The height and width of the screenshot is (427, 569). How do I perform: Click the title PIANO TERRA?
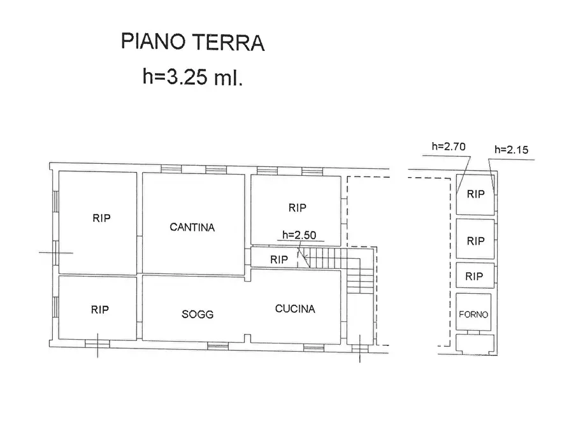[x=192, y=43]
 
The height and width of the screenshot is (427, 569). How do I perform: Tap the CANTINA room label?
[x=192, y=227]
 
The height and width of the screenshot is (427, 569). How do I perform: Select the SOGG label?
[x=198, y=314]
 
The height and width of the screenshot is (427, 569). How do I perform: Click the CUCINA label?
[x=295, y=309]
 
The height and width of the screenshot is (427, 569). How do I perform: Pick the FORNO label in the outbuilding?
[x=474, y=314]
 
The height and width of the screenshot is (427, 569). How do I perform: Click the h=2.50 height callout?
[x=299, y=235]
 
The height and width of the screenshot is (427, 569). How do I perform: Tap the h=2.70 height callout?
[x=449, y=146]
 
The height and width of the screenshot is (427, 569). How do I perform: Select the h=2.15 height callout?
[x=512, y=150]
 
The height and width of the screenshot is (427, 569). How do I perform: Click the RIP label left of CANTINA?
[x=101, y=218]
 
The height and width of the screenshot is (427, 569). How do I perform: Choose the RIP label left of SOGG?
[x=99, y=310]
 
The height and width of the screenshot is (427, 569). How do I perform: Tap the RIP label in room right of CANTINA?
[x=297, y=208]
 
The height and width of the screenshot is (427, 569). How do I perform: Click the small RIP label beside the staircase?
[x=278, y=259]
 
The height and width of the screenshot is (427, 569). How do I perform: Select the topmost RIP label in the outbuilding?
[x=475, y=194]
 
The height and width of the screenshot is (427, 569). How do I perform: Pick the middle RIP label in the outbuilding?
[x=475, y=241]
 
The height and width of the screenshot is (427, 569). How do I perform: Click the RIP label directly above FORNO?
[x=473, y=277]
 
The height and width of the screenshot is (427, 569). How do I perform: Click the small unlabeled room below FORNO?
[x=475, y=344]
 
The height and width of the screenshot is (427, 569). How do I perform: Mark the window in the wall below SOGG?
[x=218, y=347]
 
